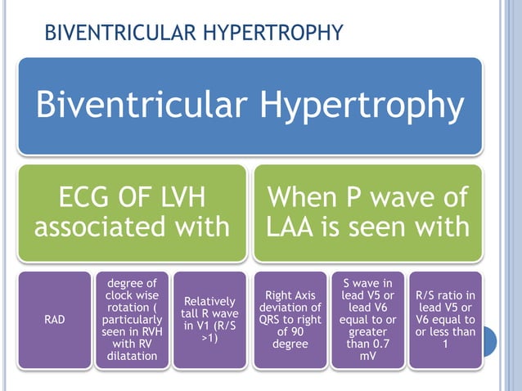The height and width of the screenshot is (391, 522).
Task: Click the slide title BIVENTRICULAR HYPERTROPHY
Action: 193,33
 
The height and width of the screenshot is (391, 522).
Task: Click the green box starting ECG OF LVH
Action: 132,212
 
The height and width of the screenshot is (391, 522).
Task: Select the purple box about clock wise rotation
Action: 132,321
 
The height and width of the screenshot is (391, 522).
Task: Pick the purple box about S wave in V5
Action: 367,321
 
